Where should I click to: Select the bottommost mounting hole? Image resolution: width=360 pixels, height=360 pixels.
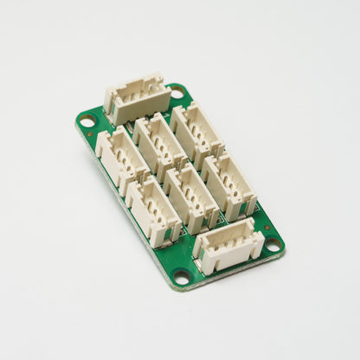[182, 277]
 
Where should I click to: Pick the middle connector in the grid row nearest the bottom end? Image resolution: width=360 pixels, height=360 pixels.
[190, 197]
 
